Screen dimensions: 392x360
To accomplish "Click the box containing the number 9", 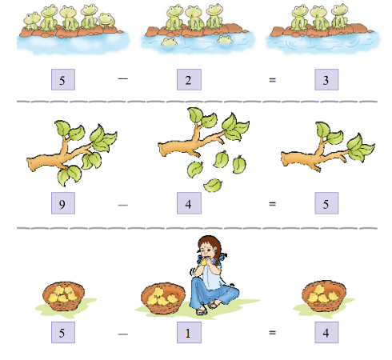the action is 63,203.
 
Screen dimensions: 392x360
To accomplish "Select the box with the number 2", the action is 189,79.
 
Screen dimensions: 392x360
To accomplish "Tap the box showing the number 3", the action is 326,79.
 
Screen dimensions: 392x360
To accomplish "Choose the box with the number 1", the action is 189,332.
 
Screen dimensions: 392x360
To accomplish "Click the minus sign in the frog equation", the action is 122,78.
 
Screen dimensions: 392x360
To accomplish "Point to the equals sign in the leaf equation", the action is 272,204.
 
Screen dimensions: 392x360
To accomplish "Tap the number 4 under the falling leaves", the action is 188,204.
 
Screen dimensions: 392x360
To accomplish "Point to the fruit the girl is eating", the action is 205,262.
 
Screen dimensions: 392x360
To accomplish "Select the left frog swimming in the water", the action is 169,42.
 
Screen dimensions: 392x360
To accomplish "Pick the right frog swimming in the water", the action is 225,41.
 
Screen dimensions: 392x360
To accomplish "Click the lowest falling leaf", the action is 213,185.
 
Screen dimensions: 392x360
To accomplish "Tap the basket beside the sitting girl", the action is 163,298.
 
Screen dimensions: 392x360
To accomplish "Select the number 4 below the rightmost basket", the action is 326,333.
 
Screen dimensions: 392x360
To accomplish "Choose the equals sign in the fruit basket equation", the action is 272,333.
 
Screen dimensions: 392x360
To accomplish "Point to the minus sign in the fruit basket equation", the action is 122,334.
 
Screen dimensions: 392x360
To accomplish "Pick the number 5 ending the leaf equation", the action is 326,204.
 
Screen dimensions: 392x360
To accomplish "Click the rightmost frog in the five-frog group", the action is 106,21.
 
